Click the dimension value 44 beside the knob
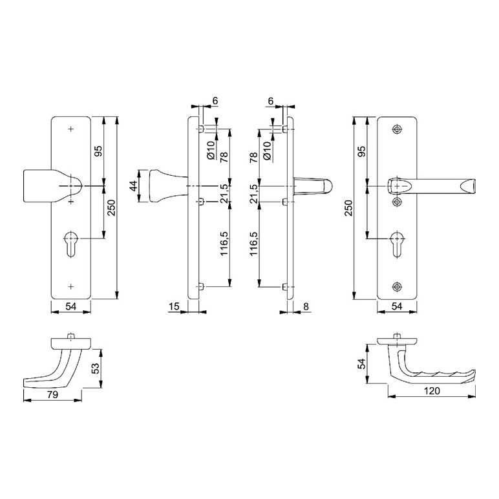tap(133, 186)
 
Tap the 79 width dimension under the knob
tap(52, 395)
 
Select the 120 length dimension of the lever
tap(432, 391)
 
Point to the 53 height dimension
tap(95, 368)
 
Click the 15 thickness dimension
tap(174, 306)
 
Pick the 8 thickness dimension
tap(306, 306)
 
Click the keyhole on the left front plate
tap(70, 244)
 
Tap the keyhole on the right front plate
tap(396, 244)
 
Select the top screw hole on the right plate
tap(396, 129)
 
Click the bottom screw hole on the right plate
tap(396, 286)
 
